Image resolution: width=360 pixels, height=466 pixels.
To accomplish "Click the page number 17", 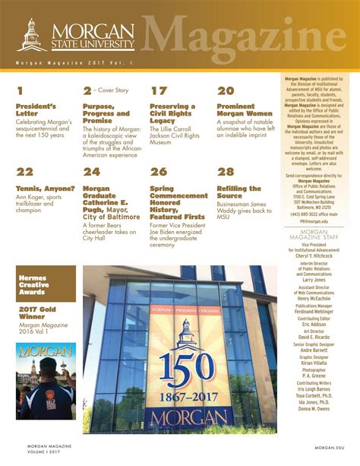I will tap(158, 91).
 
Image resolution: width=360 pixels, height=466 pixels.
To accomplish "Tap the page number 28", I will tap(226, 172).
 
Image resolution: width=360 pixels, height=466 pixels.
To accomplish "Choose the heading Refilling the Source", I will tap(239, 192).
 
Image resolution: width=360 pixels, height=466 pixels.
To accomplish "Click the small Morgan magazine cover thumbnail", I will tap(46, 380).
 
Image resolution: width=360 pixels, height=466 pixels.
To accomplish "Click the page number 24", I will tap(91, 172).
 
